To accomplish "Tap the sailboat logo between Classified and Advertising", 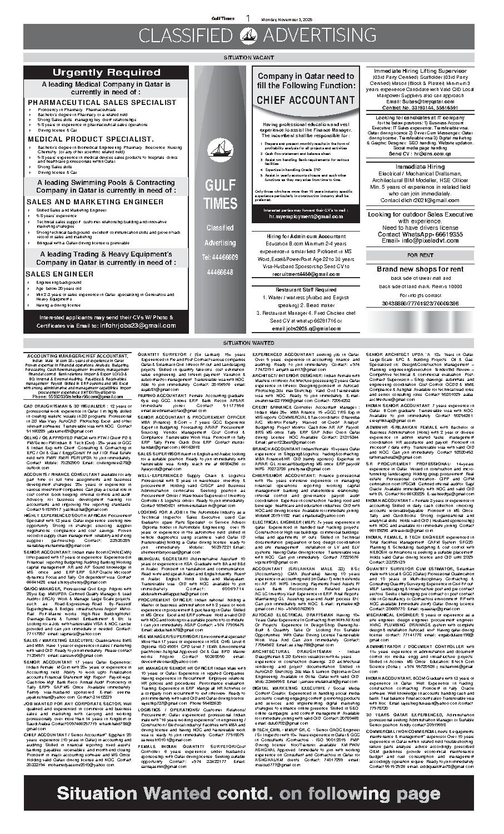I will point(251,36).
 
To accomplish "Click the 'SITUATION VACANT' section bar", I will point(251,57).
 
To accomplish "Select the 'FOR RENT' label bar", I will point(420,255).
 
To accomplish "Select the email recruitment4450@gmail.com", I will point(302,274).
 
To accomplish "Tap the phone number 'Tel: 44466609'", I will point(221,258).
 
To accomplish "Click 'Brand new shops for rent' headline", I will point(420,269).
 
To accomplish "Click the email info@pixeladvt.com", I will point(428,242).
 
